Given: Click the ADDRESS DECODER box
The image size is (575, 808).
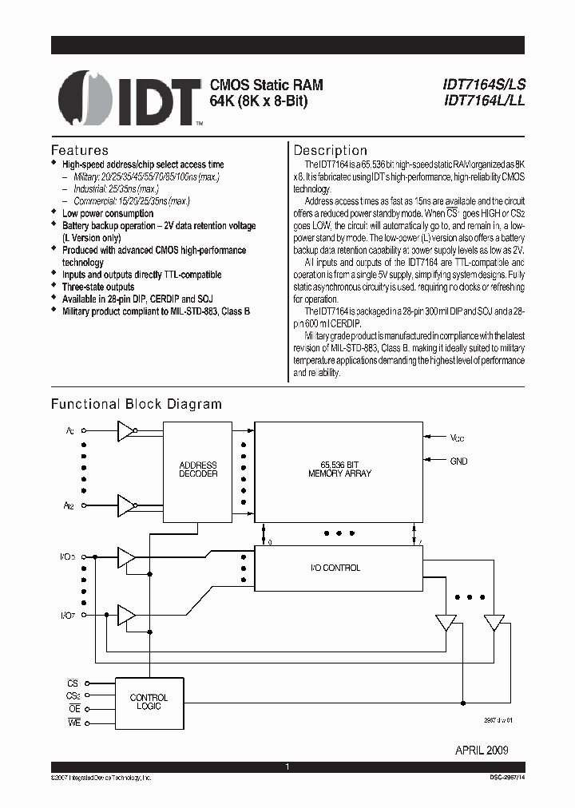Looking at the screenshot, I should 198,469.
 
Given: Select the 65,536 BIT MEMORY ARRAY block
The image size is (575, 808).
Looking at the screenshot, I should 339,469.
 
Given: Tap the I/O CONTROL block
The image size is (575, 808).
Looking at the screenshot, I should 339,568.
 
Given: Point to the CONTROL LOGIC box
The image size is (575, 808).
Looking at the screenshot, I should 149,702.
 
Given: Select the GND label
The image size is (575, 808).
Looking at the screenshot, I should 458,461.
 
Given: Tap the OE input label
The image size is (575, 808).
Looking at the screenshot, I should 73,709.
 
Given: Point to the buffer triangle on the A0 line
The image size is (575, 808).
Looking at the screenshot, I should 125,432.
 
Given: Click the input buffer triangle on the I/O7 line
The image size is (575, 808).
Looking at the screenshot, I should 125,615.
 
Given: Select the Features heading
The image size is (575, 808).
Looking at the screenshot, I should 80,150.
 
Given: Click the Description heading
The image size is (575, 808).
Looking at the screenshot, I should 331,150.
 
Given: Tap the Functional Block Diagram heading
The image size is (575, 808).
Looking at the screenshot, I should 137,404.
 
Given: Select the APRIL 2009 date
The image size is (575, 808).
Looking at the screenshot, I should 482,751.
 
